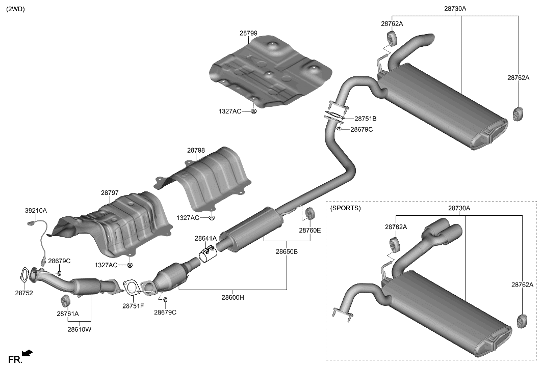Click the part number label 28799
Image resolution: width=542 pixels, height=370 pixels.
pyautogui.click(x=248, y=33)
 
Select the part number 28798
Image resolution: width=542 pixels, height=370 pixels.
pyautogui.click(x=196, y=150)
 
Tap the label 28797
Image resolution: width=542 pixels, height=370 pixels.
pyautogui.click(x=110, y=193)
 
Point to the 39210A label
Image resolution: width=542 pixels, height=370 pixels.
pyautogui.click(x=36, y=210)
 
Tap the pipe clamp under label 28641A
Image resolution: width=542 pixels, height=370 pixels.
pyautogui.click(x=208, y=254)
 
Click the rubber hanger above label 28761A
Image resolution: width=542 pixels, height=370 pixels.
pyautogui.click(x=65, y=300)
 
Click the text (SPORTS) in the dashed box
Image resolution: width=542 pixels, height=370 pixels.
pyautogui.click(x=345, y=208)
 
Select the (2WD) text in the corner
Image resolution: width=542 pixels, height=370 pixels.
pyautogui.click(x=15, y=9)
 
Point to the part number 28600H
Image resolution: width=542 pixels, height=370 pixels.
pyautogui.click(x=233, y=298)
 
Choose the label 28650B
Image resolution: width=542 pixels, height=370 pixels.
pyautogui.click(x=287, y=251)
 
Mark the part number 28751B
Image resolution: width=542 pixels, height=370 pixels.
pyautogui.click(x=366, y=118)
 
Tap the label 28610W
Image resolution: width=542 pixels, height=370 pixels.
pyautogui.click(x=79, y=329)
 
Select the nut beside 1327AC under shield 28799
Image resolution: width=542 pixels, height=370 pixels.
pyautogui.click(x=253, y=111)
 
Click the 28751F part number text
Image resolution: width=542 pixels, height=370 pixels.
pyautogui.click(x=133, y=306)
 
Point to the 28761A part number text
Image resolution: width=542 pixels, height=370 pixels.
pyautogui.click(x=68, y=314)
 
